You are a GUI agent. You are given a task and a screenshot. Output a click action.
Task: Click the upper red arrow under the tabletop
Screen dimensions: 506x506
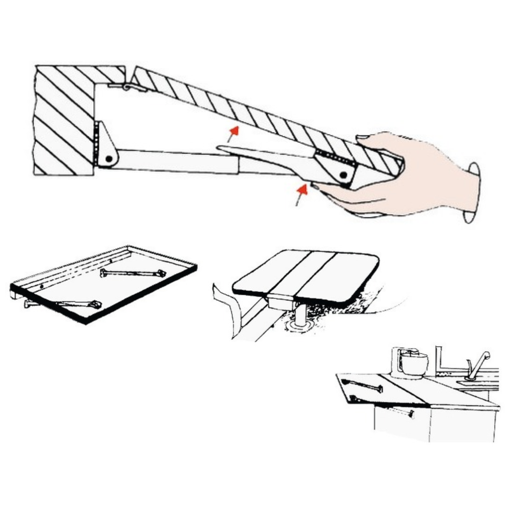tap(233, 133)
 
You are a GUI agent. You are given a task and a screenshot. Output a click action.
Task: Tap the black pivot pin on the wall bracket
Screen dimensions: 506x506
tap(109, 159)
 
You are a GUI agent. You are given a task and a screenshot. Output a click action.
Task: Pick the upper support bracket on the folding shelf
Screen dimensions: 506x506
tap(133, 273)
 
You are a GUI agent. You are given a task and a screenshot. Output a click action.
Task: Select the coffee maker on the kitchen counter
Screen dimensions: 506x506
tap(409, 363)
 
